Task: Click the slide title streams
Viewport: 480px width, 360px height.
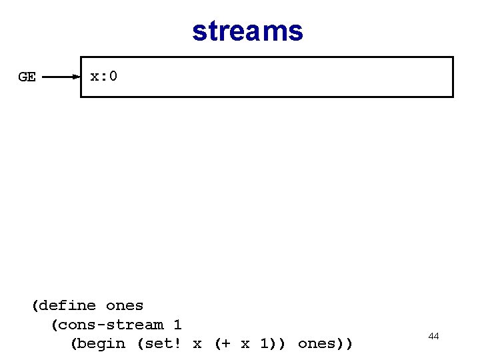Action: [247, 31]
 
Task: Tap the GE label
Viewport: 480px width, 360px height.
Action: [27, 77]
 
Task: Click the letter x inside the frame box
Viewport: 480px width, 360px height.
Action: [95, 76]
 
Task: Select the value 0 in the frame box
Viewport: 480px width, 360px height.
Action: [113, 76]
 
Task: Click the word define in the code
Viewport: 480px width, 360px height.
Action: [68, 306]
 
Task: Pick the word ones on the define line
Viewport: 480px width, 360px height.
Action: [125, 306]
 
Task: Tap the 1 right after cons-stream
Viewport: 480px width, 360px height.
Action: [177, 325]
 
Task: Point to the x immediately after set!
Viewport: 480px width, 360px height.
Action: [197, 344]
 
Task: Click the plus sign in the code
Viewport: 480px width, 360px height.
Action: [225, 344]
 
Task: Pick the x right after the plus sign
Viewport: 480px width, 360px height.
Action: [245, 344]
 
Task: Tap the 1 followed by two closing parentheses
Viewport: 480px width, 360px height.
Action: [264, 344]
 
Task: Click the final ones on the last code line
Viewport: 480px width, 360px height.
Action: [316, 344]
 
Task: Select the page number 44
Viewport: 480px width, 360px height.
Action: [433, 336]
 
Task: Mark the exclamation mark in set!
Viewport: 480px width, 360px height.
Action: [177, 344]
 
